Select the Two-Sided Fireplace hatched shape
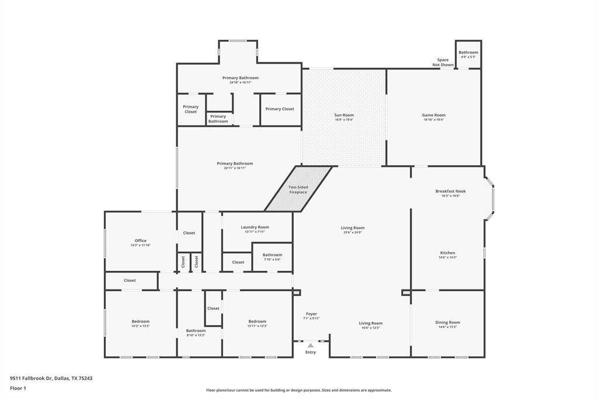pos(298,189)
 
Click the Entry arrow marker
pos(311,345)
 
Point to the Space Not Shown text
pos(443,62)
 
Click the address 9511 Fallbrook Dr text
pos(51,378)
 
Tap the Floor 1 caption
pos(18,388)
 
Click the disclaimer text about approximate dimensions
pos(298,390)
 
